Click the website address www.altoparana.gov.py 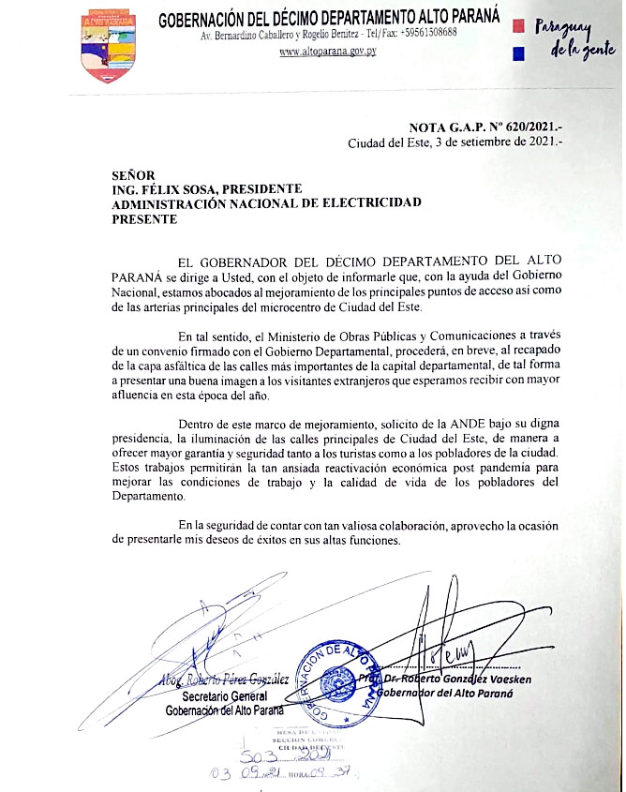pos(328,52)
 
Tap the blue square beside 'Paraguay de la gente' pos(518,54)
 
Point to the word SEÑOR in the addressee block pos(132,173)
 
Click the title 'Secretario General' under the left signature pos(225,696)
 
